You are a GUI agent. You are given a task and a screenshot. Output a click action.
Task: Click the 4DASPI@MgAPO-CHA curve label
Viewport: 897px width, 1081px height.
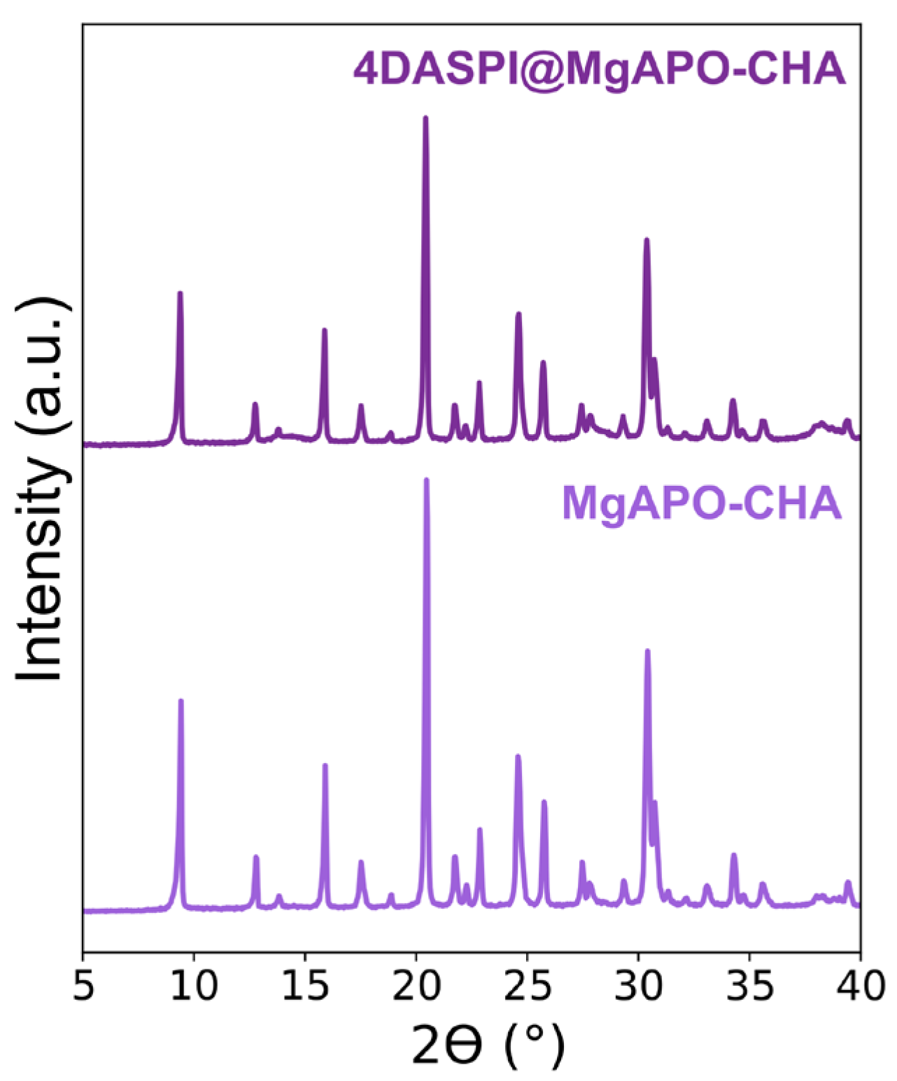tap(599, 69)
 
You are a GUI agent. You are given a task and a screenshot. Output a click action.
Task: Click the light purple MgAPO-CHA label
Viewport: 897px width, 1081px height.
tap(701, 503)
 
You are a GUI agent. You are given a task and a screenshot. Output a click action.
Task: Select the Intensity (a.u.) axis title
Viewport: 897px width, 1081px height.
tap(43, 489)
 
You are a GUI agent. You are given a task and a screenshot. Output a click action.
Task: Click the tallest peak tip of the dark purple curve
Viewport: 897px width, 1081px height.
tap(425, 118)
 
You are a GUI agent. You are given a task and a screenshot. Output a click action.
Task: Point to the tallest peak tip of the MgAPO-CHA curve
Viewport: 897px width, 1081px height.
tap(426, 480)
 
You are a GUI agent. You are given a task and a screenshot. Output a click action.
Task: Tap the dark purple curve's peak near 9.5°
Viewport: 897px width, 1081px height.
tap(180, 293)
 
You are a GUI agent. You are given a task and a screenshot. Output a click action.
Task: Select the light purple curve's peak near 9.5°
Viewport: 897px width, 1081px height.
tap(181, 700)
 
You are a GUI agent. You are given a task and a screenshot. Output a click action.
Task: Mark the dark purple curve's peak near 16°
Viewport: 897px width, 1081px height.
tap(324, 330)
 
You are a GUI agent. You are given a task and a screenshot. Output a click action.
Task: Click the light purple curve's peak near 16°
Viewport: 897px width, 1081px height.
tap(325, 765)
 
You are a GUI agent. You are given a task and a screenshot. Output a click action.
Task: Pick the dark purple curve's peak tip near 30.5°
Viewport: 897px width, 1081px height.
tap(647, 239)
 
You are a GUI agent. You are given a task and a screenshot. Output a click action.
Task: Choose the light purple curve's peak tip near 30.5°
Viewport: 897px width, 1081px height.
tap(647, 650)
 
